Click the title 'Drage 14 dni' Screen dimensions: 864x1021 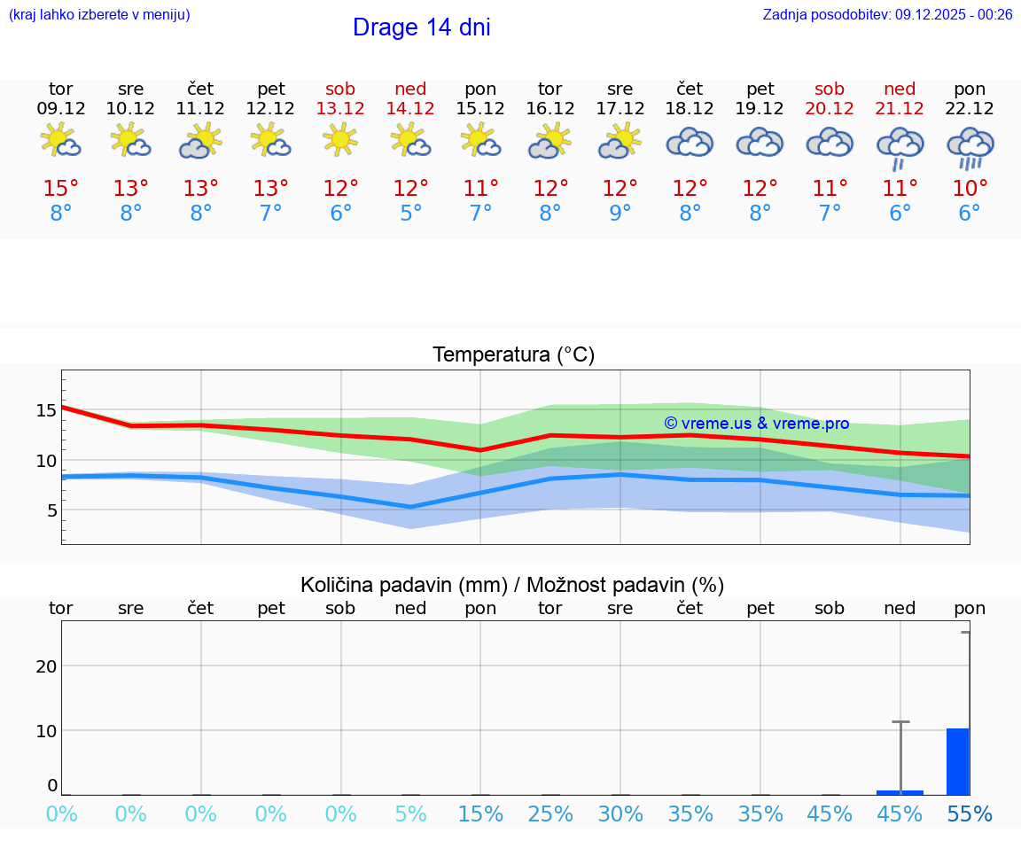[x=421, y=27]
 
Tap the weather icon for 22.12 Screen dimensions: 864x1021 [x=970, y=146]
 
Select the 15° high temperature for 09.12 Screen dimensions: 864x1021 [x=61, y=189]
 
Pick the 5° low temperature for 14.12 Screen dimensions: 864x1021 [x=410, y=214]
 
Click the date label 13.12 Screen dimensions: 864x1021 [x=340, y=108]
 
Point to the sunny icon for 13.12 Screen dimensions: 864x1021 [x=340, y=139]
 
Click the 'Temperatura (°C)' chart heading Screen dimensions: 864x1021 [x=513, y=355]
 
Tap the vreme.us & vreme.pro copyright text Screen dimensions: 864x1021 [x=756, y=424]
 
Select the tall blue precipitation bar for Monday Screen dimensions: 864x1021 [x=957, y=761]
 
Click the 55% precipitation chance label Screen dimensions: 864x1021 [x=970, y=814]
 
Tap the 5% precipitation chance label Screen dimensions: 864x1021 [x=410, y=814]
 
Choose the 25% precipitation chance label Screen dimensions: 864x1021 [x=550, y=814]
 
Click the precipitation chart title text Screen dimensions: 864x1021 [x=512, y=585]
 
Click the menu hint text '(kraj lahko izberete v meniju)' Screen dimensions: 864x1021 [x=99, y=15]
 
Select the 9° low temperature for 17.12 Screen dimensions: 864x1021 [x=620, y=214]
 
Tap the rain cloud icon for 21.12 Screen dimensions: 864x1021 [x=900, y=147]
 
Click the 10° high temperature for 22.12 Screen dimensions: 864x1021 [x=970, y=189]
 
